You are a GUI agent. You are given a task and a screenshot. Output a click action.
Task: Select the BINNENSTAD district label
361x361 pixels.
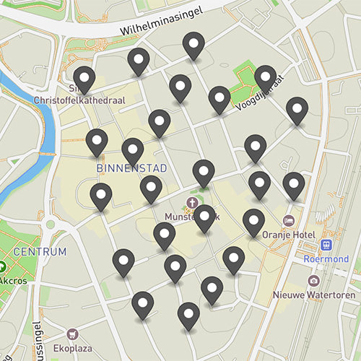(x=131, y=168)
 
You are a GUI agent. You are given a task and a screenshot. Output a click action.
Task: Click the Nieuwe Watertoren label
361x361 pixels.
(x=313, y=295)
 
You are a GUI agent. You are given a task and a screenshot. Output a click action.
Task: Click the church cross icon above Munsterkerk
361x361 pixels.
(x=192, y=202)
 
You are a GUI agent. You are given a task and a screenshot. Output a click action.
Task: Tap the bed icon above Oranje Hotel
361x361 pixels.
(x=289, y=220)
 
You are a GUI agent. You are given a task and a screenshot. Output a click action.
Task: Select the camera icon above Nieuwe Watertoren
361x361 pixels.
(x=313, y=280)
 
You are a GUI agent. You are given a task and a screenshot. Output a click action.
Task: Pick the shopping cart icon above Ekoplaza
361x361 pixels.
(x=72, y=334)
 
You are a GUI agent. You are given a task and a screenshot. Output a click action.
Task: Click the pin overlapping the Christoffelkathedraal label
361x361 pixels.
(x=84, y=79)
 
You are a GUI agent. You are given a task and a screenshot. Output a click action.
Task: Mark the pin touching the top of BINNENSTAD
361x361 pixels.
(x=133, y=151)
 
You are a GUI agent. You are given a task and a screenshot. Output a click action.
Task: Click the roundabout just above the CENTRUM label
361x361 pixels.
(x=51, y=225)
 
